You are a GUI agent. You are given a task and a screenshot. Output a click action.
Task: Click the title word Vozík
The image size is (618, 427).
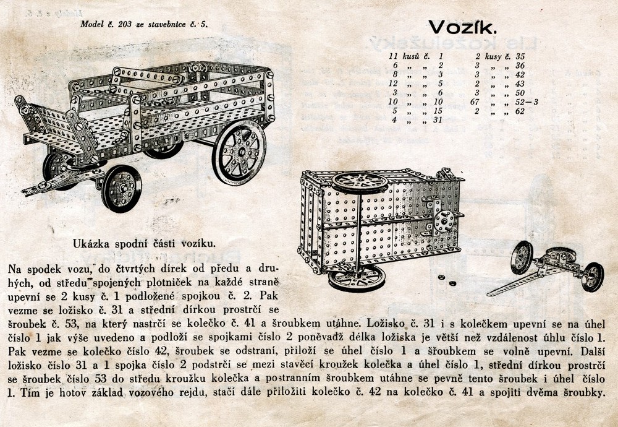click(x=463, y=27)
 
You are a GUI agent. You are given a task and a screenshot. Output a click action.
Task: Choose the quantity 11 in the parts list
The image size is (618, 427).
click(x=391, y=56)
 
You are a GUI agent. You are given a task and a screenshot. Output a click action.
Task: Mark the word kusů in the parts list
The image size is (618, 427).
click(x=411, y=56)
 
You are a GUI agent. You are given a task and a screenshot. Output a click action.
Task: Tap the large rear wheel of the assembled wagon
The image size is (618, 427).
click(x=240, y=150)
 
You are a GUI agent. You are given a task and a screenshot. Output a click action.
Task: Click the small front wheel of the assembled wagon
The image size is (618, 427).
click(x=121, y=188)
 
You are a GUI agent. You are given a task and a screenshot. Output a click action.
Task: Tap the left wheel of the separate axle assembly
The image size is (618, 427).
click(x=522, y=257)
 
